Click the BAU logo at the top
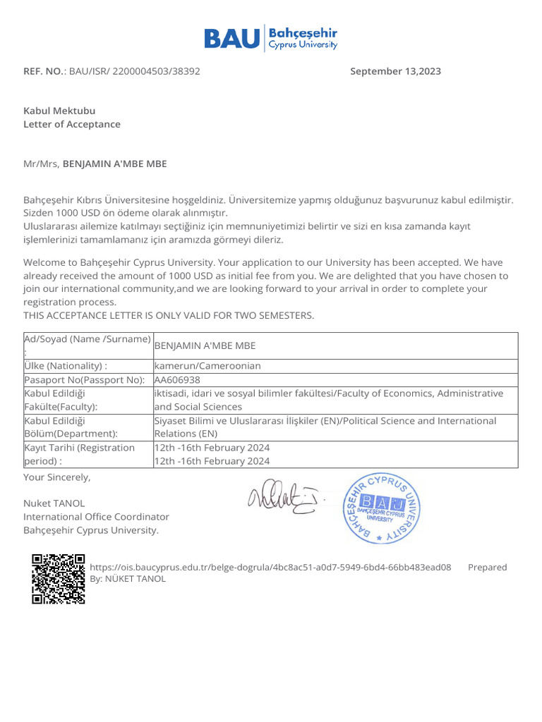click(271, 38)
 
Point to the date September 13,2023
click(395, 71)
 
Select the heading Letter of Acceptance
click(72, 124)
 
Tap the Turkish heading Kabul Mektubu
click(59, 111)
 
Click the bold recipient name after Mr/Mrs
click(115, 164)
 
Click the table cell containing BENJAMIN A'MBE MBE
click(205, 345)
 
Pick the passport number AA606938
click(177, 379)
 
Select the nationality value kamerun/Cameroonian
click(207, 366)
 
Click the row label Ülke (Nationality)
click(66, 366)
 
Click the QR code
click(59, 580)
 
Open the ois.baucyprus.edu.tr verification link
click(271, 567)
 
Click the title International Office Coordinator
click(96, 517)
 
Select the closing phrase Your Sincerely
click(57, 477)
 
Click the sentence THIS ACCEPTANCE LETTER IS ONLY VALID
click(169, 315)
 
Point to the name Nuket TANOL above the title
click(54, 503)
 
